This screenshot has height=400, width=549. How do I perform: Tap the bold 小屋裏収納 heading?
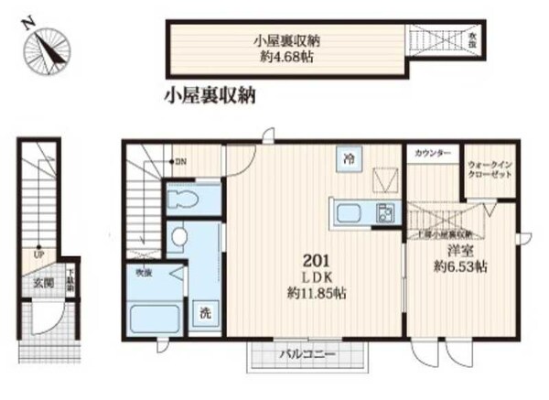pos(210,94)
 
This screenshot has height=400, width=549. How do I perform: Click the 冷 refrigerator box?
pos(349,158)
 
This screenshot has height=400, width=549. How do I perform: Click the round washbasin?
pos(178,238)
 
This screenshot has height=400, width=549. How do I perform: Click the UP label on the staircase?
pos(39,254)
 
